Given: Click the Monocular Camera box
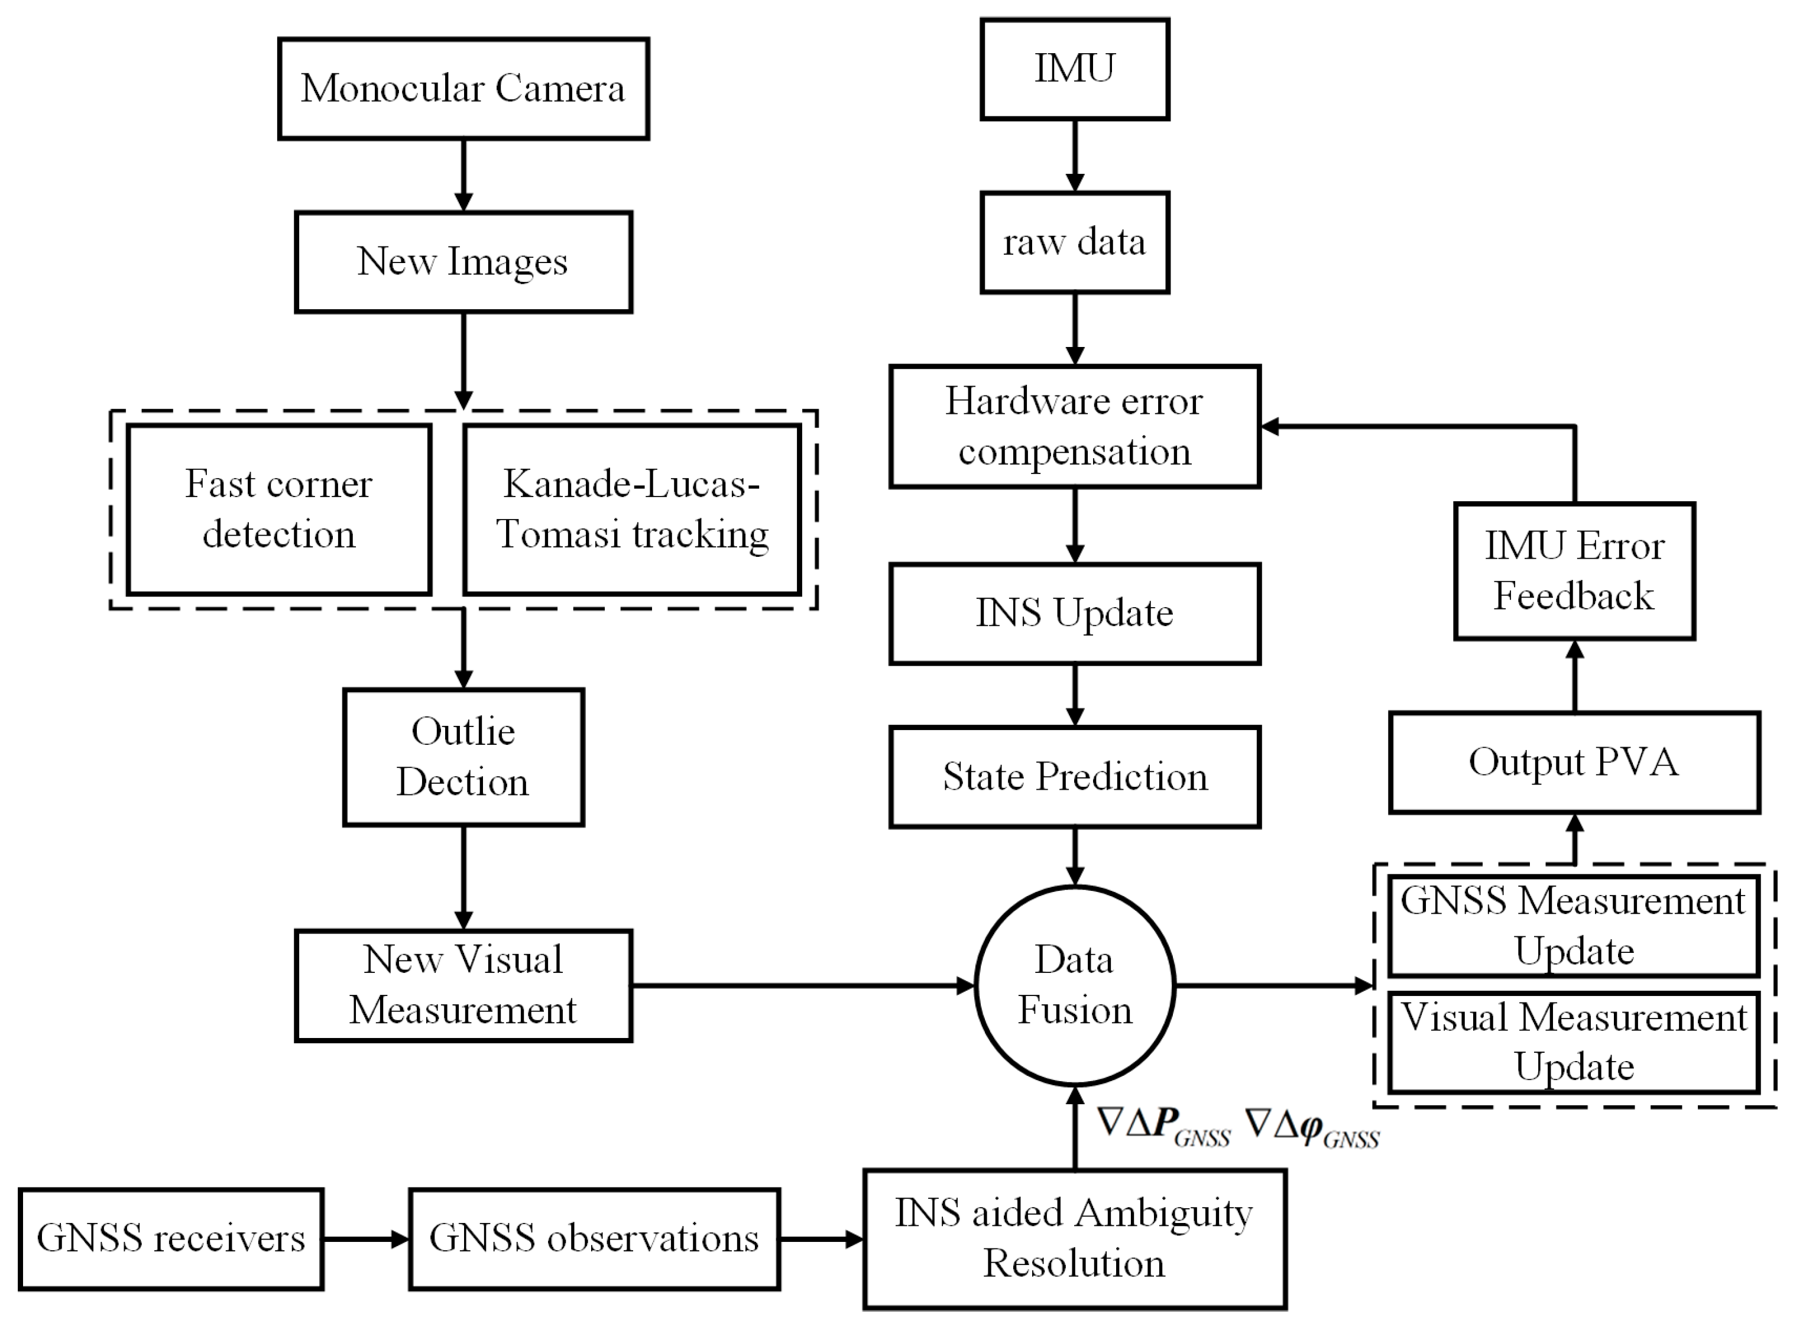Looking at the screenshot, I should tap(463, 89).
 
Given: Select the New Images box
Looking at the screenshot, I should tap(463, 262).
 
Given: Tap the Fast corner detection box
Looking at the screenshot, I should tap(278, 510).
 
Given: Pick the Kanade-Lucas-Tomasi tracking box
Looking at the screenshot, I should tap(632, 510).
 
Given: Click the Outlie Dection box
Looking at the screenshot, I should tap(463, 757).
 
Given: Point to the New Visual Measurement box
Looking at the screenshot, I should tap(463, 985).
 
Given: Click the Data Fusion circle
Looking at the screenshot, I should tap(1075, 985).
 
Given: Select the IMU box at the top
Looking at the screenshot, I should tap(1075, 69).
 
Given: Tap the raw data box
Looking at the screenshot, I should tap(1075, 242).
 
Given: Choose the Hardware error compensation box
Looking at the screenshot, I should tap(1075, 427).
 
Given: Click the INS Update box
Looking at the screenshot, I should tap(1075, 614).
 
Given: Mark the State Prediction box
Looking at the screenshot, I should tap(1075, 777).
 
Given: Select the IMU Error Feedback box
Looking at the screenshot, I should tap(1574, 572).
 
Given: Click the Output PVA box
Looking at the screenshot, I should tap(1574, 763).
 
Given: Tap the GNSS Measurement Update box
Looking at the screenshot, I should tap(1574, 926).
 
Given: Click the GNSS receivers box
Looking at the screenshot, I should tap(171, 1239).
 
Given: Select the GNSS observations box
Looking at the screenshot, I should tap(594, 1239).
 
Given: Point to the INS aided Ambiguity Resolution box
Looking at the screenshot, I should tap(1075, 1239).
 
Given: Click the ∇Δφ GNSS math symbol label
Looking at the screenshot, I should tap(1312, 1127).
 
